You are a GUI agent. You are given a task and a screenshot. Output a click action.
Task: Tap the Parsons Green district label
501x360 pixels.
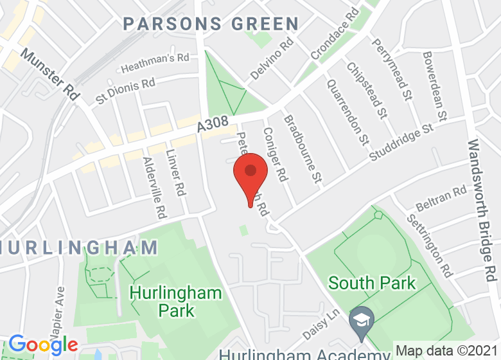pyautogui.click(x=211, y=24)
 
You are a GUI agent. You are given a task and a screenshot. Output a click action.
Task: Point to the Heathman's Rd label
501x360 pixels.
pyautogui.click(x=155, y=62)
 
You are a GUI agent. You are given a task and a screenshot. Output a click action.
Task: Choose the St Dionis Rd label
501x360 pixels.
pyautogui.click(x=125, y=91)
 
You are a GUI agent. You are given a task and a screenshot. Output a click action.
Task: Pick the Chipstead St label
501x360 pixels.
pyautogui.click(x=367, y=90)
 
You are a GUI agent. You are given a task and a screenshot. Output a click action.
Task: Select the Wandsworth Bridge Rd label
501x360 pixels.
pyautogui.click(x=482, y=210)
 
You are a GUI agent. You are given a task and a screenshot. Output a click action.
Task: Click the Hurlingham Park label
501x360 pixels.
pyautogui.click(x=175, y=301)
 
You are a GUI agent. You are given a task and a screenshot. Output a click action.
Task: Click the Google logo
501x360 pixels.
pyautogui.click(x=42, y=345)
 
